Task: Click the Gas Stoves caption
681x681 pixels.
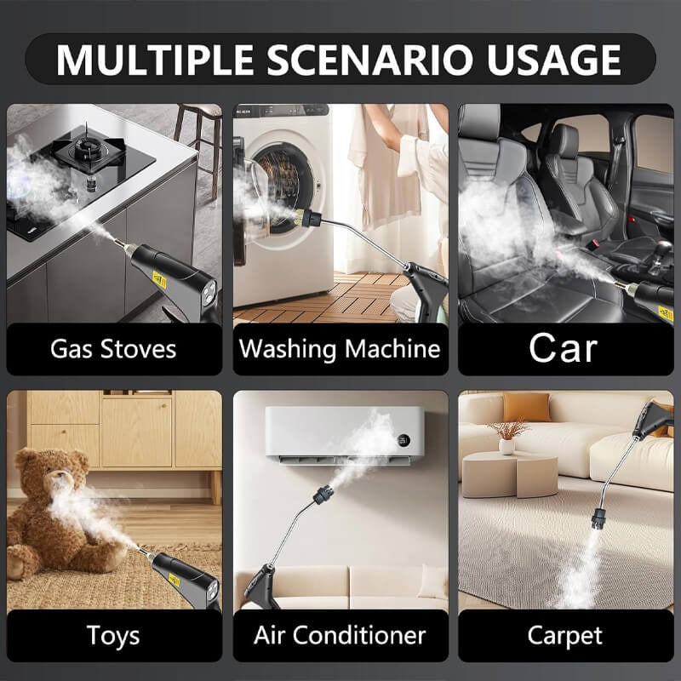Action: [x=113, y=349]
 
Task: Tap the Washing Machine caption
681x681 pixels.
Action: [x=340, y=349]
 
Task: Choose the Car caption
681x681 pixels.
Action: [x=563, y=348]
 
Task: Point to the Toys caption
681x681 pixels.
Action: [x=113, y=635]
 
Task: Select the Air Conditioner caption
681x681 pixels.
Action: [x=340, y=635]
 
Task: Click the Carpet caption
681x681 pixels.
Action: [x=564, y=635]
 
